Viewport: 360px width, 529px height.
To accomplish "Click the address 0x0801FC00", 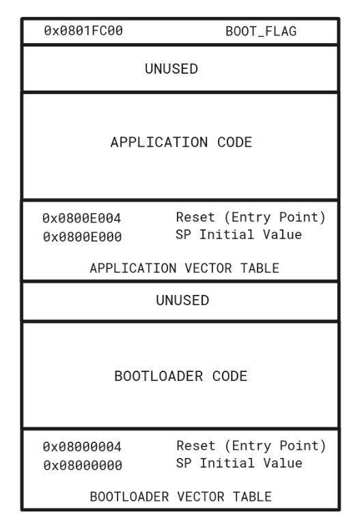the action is coord(83,31).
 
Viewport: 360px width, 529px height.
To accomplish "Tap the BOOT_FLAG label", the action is coord(261,31).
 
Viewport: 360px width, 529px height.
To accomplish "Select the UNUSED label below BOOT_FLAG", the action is coord(171,69).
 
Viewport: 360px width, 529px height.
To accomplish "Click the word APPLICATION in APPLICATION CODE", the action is coord(159,142).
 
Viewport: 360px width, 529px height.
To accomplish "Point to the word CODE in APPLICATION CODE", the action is coord(235,142).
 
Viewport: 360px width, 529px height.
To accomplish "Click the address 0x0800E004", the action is coord(82,218).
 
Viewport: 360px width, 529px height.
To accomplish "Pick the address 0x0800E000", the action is coord(83,237).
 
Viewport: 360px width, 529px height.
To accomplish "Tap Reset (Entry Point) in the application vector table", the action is coord(251,217).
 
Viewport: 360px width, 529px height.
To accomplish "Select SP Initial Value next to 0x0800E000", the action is coord(239,235).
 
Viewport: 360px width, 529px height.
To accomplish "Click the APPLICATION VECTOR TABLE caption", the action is coord(184,268).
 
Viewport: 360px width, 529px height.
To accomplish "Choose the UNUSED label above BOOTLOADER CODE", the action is coord(182,300).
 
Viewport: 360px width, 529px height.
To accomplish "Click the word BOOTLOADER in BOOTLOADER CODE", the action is coord(158,376).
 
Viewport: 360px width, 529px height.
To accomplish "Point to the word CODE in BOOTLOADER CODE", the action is coord(230,376).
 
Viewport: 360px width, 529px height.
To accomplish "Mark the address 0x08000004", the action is coord(82,446).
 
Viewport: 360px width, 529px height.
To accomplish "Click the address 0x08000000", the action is coord(83,466).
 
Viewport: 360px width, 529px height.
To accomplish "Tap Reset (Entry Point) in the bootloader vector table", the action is coord(251,446).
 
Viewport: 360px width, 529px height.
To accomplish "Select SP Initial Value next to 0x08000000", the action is coord(239,463).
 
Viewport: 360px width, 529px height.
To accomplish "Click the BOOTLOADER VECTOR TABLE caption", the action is coord(180,497).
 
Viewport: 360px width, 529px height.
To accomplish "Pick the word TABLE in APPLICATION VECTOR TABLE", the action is coord(260,268).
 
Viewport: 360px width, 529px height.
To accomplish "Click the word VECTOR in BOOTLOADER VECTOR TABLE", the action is coord(201,497).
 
